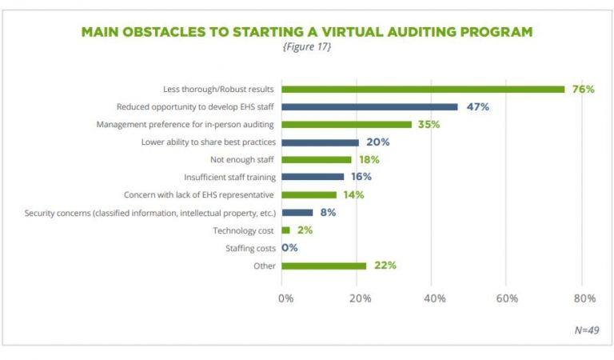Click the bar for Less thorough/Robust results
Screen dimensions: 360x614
point(422,89)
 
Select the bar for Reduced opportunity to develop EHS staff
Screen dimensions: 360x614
point(369,106)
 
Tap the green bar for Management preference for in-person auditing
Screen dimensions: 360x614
point(345,124)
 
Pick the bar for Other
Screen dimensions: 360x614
point(323,266)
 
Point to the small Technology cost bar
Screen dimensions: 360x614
point(285,230)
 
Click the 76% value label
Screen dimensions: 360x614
point(583,89)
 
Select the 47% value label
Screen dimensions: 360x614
point(477,106)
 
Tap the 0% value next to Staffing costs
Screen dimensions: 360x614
point(289,248)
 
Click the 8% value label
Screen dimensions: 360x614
point(328,213)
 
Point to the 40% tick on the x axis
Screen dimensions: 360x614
point(434,298)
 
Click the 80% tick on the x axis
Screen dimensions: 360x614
point(584,298)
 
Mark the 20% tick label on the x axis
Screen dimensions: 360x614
point(360,298)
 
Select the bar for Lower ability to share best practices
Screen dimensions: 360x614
point(320,142)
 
